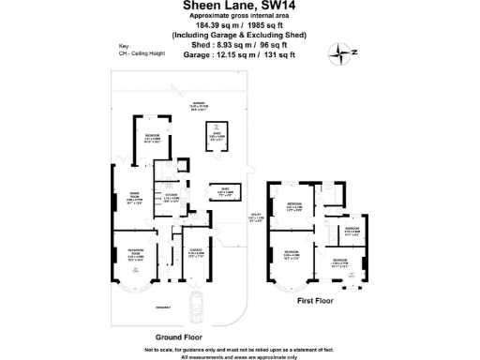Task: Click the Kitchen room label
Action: tap(172, 198)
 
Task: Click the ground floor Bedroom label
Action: tap(152, 140)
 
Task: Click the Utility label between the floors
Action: tap(256, 219)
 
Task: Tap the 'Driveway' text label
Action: tap(137, 306)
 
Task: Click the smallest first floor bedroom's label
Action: tap(352, 230)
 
